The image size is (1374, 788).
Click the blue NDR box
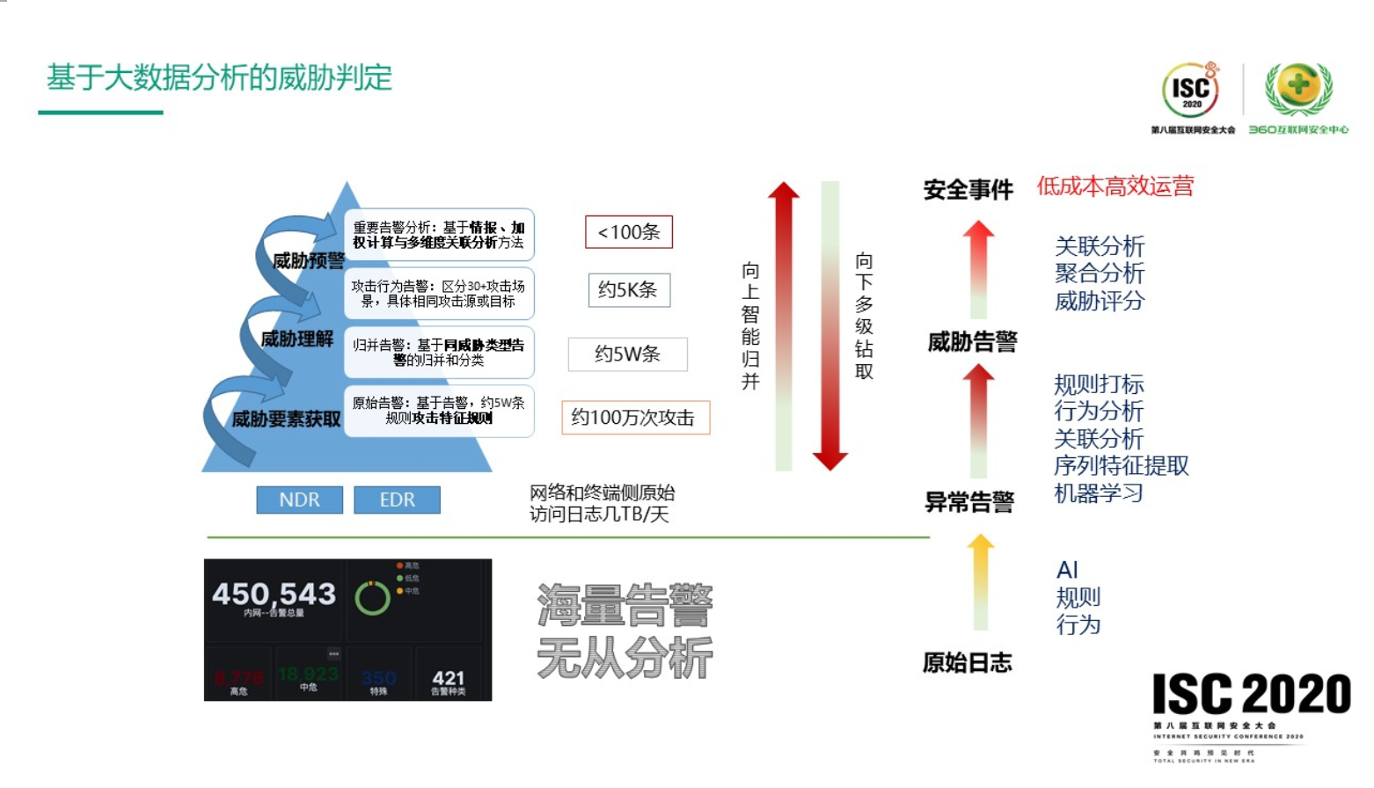299,500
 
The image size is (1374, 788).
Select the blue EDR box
397,500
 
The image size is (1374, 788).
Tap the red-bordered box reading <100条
629,232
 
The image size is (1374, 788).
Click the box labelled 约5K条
629,290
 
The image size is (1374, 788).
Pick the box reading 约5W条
627,354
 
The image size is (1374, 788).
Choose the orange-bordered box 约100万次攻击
634,418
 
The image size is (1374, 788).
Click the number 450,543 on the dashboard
274,595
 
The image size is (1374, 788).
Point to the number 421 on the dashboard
449,678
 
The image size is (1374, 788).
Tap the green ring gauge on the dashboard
372,598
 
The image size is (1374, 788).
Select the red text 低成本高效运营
1115,186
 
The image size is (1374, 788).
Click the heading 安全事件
968,190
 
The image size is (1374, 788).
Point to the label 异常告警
968,502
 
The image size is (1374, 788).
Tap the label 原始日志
967,663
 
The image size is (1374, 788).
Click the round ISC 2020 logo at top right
1191,91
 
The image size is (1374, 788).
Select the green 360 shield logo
1298,89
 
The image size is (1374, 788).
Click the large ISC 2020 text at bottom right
1251,695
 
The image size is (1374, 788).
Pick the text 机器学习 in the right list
1098,493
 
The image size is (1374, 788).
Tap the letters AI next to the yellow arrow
1067,570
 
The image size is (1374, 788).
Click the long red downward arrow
830,325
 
